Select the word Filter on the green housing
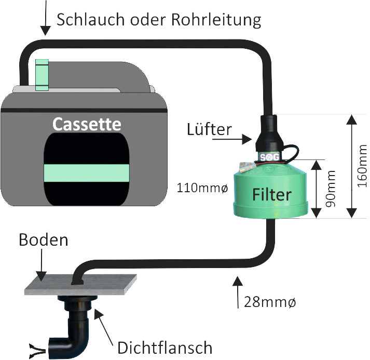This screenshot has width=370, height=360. coord(272,195)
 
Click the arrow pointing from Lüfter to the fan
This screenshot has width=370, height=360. coord(243,139)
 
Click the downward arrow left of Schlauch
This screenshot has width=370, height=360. coord(45,18)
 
